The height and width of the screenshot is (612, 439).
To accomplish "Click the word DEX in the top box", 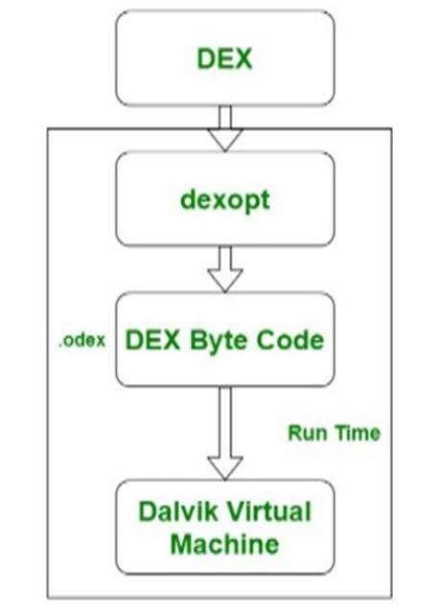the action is (x=224, y=58).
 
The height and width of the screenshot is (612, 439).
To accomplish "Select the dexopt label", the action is (x=225, y=200).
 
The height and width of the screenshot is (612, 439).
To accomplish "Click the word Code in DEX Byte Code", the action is (x=290, y=340).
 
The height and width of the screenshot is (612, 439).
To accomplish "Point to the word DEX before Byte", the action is (x=152, y=340).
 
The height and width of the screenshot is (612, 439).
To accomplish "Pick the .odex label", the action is (x=82, y=340).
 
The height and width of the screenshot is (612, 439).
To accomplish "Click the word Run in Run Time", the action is (x=304, y=433).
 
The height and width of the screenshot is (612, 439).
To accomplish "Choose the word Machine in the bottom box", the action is (x=225, y=544).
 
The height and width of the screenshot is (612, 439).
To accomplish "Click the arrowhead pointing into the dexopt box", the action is (x=225, y=140).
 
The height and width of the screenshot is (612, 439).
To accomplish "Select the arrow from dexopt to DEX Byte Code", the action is (x=225, y=269).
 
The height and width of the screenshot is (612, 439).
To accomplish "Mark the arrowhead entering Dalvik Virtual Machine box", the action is (x=225, y=468).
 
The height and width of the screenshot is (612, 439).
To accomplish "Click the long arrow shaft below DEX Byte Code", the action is (x=225, y=421).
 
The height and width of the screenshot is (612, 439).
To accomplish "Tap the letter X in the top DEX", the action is (x=243, y=58).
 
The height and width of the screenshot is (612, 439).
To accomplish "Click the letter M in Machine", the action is (x=181, y=544).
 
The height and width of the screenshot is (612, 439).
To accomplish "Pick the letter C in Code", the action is (x=266, y=340).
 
